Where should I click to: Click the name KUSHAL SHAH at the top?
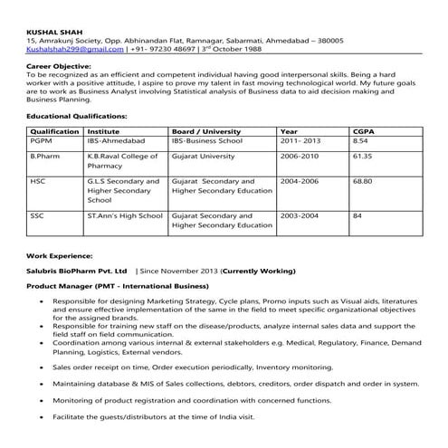click(x=52, y=33)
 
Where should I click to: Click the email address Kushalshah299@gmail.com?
click(x=65, y=51)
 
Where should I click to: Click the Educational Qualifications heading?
click(x=77, y=117)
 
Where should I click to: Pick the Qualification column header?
click(x=54, y=132)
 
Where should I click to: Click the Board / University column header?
click(x=206, y=132)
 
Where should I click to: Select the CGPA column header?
click(x=363, y=132)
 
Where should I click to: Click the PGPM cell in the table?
click(x=42, y=142)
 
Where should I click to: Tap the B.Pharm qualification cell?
click(x=45, y=156)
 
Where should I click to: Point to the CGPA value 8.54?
click(x=360, y=142)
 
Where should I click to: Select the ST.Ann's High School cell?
click(x=125, y=216)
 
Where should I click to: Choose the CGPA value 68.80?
click(x=363, y=181)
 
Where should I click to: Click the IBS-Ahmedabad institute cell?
click(x=115, y=142)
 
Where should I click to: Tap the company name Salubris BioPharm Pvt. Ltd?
click(x=77, y=271)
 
